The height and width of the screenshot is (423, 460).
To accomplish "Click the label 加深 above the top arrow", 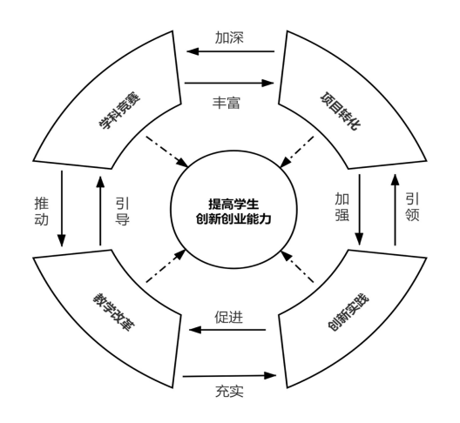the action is click(229, 37).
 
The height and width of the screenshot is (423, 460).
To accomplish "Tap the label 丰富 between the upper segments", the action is click(227, 103).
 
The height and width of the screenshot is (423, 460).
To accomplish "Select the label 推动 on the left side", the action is click(41, 211).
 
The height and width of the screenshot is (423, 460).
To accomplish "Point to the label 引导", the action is click(122, 211).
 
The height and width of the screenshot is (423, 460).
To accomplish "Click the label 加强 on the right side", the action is click(342, 206).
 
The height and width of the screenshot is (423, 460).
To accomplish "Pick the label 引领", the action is click(412, 206).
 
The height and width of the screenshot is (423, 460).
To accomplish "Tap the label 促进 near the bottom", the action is click(229, 317).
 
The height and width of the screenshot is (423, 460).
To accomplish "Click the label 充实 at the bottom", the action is click(229, 391).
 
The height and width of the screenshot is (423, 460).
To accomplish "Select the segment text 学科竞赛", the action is click(119, 111).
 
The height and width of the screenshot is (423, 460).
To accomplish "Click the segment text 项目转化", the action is click(340, 111).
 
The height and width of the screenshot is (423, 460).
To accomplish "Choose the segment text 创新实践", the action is click(348, 312).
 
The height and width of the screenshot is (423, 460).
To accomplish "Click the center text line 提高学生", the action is click(233, 204).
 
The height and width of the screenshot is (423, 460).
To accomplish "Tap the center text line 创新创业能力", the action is click(233, 219).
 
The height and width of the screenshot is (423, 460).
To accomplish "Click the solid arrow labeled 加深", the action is click(231, 51).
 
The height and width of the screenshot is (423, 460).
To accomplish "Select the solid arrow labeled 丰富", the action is click(229, 83).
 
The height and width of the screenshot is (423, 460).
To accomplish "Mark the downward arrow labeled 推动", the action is click(62, 209).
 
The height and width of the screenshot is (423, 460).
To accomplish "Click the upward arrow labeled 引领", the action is click(395, 210).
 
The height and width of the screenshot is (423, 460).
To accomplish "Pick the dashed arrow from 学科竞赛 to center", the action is click(167, 151).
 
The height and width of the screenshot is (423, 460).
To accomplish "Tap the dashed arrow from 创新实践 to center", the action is click(297, 266).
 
